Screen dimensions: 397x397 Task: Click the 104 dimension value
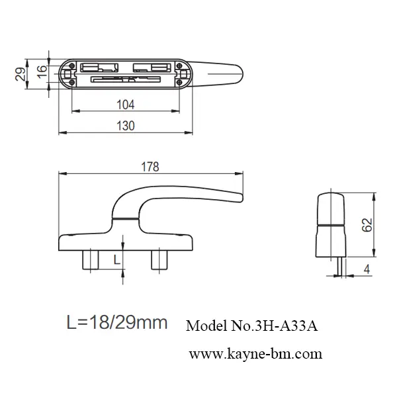tap(125, 105)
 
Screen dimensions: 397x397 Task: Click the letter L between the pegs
tap(116, 259)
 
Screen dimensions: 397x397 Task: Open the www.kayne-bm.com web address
tap(255, 354)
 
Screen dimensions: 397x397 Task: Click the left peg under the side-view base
tap(91, 259)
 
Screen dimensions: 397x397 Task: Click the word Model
tap(206, 326)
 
